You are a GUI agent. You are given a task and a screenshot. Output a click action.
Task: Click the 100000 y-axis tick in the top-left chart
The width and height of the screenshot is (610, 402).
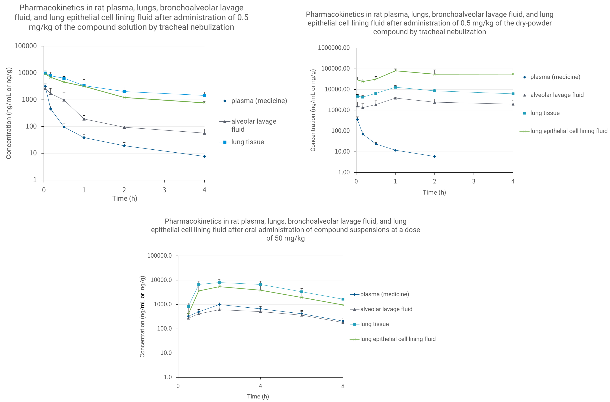(x=25, y=46)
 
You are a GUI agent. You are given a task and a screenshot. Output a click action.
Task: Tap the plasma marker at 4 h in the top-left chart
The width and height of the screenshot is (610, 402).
(x=204, y=156)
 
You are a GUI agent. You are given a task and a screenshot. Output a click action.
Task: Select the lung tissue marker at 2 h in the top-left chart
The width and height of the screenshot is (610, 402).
(x=124, y=91)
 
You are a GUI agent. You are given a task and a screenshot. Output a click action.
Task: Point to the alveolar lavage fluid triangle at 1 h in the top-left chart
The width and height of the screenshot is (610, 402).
(x=84, y=119)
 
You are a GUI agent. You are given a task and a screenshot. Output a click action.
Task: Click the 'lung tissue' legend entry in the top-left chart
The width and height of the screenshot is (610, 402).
(x=247, y=142)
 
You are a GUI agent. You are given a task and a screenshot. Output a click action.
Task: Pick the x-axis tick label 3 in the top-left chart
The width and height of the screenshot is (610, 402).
(x=164, y=190)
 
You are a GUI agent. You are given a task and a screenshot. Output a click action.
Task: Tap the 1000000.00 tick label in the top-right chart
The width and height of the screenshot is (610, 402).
(x=334, y=48)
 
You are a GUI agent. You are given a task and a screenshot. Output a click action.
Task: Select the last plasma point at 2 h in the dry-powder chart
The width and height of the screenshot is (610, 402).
(x=434, y=156)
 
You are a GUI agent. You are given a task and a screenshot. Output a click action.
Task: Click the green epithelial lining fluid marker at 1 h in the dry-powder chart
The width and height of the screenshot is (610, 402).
(x=395, y=71)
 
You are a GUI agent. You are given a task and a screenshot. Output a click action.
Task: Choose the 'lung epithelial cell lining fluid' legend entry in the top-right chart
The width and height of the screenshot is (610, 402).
(x=569, y=131)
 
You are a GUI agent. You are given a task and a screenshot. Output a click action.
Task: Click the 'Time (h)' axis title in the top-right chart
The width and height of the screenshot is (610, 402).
(x=434, y=192)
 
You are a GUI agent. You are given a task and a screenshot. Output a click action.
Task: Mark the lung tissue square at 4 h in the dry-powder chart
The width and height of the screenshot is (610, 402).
(x=513, y=94)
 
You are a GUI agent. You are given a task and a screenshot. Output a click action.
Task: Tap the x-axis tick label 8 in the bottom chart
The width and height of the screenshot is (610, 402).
(x=343, y=386)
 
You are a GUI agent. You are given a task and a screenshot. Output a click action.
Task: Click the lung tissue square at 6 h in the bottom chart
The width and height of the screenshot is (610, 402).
(x=302, y=292)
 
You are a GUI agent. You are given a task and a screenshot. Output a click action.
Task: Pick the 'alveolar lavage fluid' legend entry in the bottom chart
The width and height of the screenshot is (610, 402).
(x=386, y=309)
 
